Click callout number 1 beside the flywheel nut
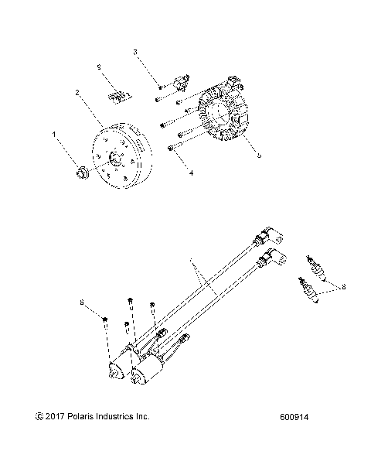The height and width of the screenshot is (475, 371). [54, 135]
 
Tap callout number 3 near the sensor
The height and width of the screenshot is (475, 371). [135, 53]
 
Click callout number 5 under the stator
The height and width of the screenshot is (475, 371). [259, 155]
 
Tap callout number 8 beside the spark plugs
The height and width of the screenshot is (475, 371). [342, 286]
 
